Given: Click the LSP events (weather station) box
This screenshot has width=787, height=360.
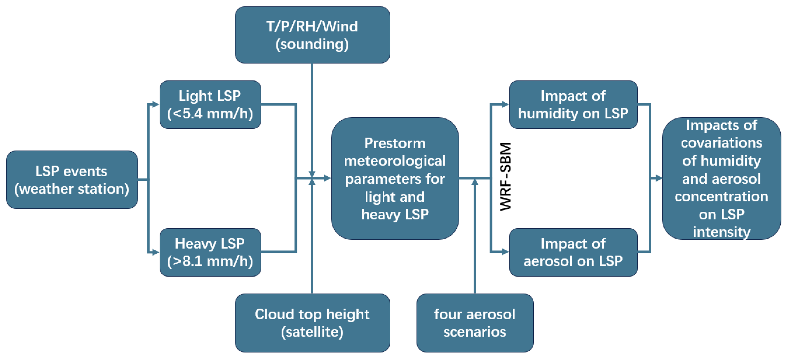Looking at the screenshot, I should [x=72, y=180].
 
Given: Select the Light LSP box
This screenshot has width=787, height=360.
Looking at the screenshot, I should [x=210, y=104].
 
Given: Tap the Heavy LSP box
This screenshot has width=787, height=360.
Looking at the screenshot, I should [x=210, y=252].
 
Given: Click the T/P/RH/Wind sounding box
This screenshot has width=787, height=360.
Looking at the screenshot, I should [x=312, y=35].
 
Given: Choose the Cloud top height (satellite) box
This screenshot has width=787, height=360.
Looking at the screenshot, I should [x=312, y=323].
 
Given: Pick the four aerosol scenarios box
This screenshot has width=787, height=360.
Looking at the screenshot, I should [x=475, y=323].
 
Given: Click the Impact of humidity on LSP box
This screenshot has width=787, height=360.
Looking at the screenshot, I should [x=573, y=104].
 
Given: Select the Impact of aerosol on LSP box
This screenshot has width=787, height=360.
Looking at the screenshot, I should [x=573, y=252].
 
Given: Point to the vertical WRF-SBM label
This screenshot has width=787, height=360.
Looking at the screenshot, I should [x=505, y=177].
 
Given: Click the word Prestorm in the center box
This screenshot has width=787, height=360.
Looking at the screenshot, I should [x=395, y=143].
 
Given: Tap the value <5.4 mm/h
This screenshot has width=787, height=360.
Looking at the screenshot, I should [x=210, y=114].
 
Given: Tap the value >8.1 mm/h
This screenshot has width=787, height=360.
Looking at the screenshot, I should [x=210, y=261].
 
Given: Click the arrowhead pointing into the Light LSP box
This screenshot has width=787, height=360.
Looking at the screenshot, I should [x=156, y=104].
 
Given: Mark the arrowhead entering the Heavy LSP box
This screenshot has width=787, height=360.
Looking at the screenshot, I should [x=156, y=252].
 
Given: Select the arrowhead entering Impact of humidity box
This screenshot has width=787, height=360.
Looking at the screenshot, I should [x=505, y=104].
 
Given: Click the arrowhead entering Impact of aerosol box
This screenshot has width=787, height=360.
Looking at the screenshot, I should [x=505, y=252].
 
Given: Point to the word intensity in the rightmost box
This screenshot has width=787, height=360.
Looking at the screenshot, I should [x=721, y=232].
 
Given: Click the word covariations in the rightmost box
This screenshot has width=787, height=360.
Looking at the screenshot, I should [x=721, y=143].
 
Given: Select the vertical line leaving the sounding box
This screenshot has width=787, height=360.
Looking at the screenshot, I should [x=312, y=116].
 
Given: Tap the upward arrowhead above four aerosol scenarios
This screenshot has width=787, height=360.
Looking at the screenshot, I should [x=475, y=182].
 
